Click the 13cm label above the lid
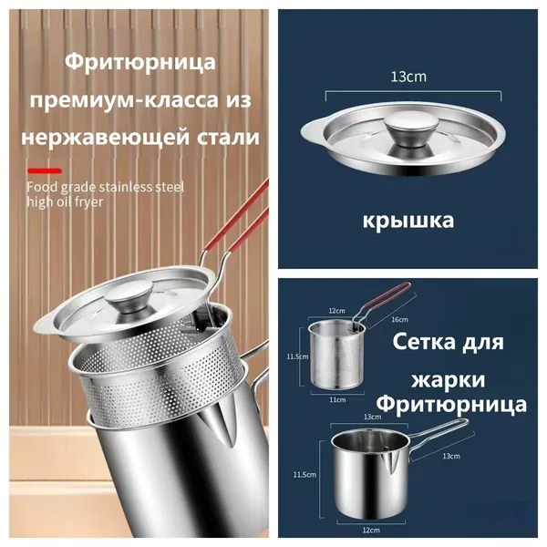tap(408, 77)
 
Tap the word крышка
tap(408, 221)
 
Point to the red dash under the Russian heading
tap(45, 170)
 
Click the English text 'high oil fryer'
tap(66, 202)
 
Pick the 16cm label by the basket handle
tap(399, 319)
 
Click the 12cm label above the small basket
tap(336, 311)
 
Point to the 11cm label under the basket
tap(337, 400)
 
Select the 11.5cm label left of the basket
tap(297, 356)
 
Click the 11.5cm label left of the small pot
tap(304, 474)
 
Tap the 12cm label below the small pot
tap(371, 531)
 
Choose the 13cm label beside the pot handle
tap(451, 456)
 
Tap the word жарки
tap(448, 379)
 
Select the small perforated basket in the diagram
tap(336, 355)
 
